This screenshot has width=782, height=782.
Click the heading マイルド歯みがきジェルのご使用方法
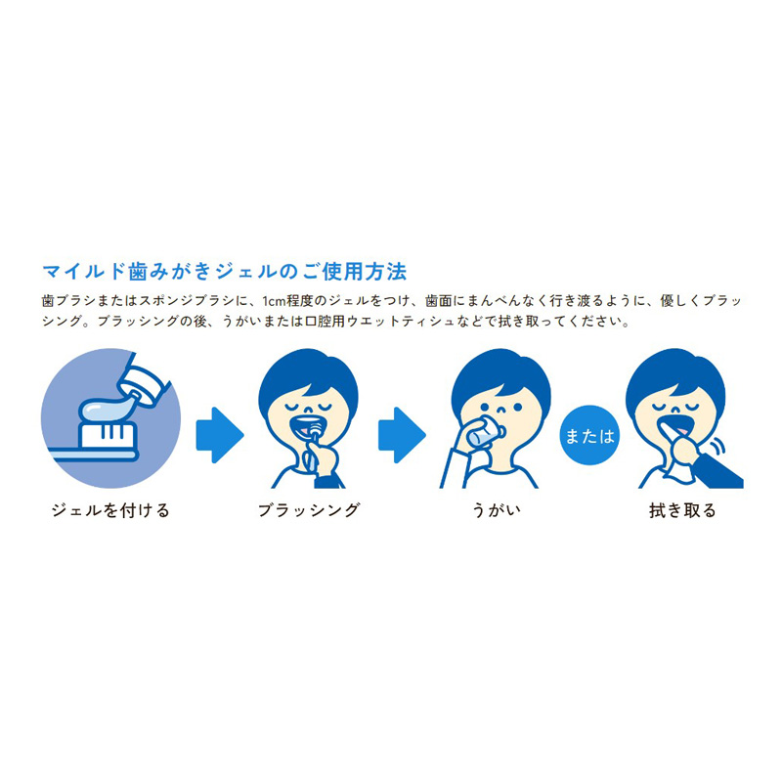point(225,272)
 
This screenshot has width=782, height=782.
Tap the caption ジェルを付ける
point(110,510)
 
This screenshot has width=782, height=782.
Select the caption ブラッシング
point(309,510)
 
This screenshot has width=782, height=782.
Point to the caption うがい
point(496,510)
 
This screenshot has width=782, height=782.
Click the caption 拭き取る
point(682,510)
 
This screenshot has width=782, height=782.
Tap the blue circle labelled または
point(589,435)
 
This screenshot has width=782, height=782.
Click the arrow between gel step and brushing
point(219,435)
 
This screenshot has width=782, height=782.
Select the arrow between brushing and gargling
point(402,435)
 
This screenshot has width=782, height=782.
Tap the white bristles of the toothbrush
point(108,435)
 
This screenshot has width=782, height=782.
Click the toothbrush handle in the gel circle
point(93,454)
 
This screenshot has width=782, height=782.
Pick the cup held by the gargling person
point(481,432)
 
